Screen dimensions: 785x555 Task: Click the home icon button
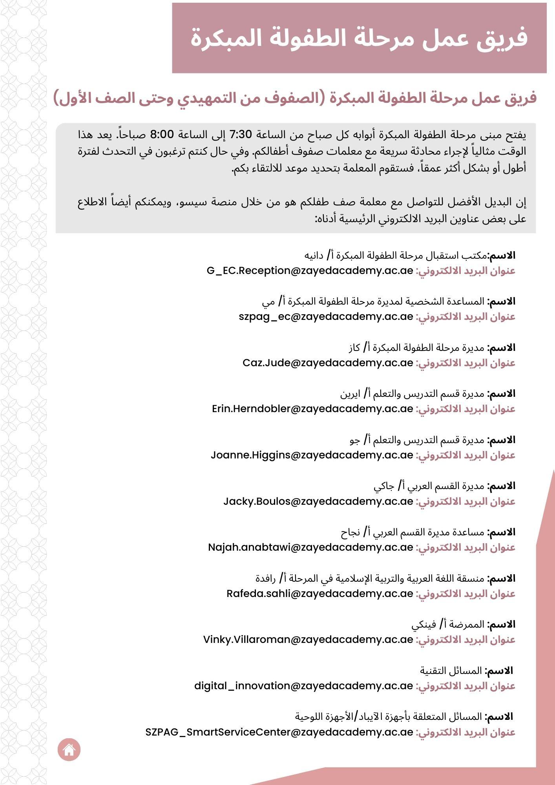click(69, 749)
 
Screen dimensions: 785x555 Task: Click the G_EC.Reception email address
click(310, 270)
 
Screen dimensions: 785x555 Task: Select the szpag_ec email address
click(326, 316)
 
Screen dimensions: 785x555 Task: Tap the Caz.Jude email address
click(328, 363)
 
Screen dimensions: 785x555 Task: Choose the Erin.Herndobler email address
click(312, 409)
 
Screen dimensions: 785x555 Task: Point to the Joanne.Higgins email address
click(312, 455)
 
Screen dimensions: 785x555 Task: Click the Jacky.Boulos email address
click(318, 501)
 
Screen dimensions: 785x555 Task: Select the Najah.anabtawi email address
click(310, 547)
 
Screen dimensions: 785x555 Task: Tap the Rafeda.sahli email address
click(319, 593)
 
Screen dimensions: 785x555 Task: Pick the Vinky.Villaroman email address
click(308, 639)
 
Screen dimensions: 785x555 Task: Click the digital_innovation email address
click(303, 686)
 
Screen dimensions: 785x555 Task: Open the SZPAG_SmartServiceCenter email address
click(279, 732)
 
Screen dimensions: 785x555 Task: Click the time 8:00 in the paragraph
click(162, 134)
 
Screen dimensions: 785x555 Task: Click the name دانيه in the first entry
click(314, 256)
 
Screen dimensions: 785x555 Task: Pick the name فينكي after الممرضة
click(424, 624)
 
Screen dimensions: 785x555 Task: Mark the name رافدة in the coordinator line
click(266, 579)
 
